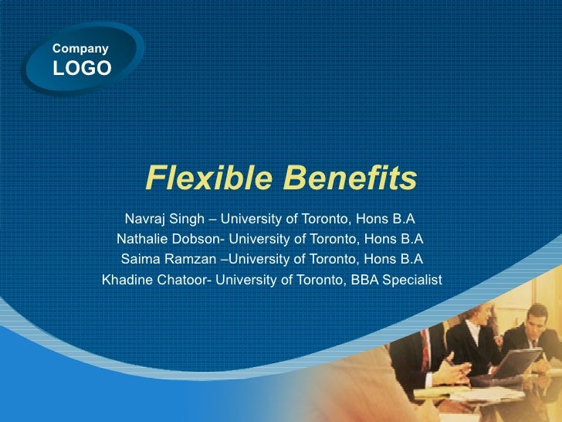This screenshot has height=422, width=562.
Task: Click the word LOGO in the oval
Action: point(81,68)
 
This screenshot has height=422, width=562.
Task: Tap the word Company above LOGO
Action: point(80,49)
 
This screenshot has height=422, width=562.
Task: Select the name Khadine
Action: point(128,279)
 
